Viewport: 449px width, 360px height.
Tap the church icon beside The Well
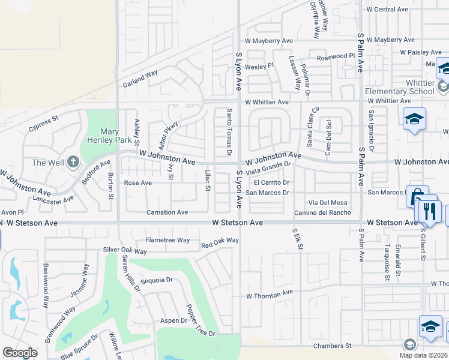pos(73,162)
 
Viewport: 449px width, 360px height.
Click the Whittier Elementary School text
pos(399,87)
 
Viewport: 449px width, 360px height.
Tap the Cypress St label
pos(44,124)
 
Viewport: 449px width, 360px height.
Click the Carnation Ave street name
pos(167,212)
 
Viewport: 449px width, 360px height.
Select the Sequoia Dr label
pos(156,280)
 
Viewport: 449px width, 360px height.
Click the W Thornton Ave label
pos(270,296)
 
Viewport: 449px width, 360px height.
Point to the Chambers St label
pos(333,346)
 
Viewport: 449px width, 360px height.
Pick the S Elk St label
pos(296,239)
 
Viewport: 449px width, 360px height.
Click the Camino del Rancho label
pos(322,213)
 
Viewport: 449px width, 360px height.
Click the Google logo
pos(20,353)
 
